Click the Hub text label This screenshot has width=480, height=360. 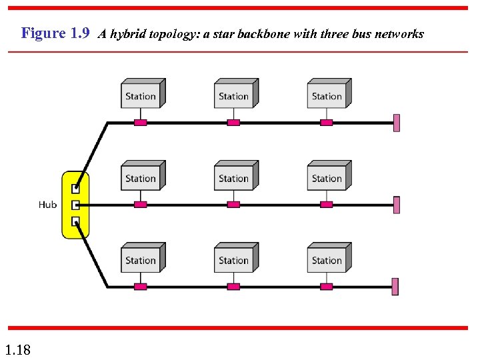click(x=47, y=205)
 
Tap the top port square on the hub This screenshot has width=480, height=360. click(x=76, y=189)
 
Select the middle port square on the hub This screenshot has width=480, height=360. click(x=76, y=205)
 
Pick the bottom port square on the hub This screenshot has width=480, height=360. click(x=76, y=221)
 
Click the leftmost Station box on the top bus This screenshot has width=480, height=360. click(x=141, y=94)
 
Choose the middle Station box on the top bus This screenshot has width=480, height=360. click(x=235, y=94)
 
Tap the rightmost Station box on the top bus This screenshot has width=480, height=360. click(x=328, y=94)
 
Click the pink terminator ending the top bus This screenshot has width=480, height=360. click(x=397, y=123)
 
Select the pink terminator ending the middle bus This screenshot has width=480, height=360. click(x=397, y=205)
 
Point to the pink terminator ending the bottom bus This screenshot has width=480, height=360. click(x=395, y=287)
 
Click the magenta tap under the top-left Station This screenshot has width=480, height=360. click(x=140, y=123)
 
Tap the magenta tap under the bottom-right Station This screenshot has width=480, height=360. click(x=327, y=287)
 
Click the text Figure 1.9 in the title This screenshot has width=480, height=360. click(x=55, y=33)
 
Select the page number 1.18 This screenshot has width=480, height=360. click(x=17, y=349)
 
